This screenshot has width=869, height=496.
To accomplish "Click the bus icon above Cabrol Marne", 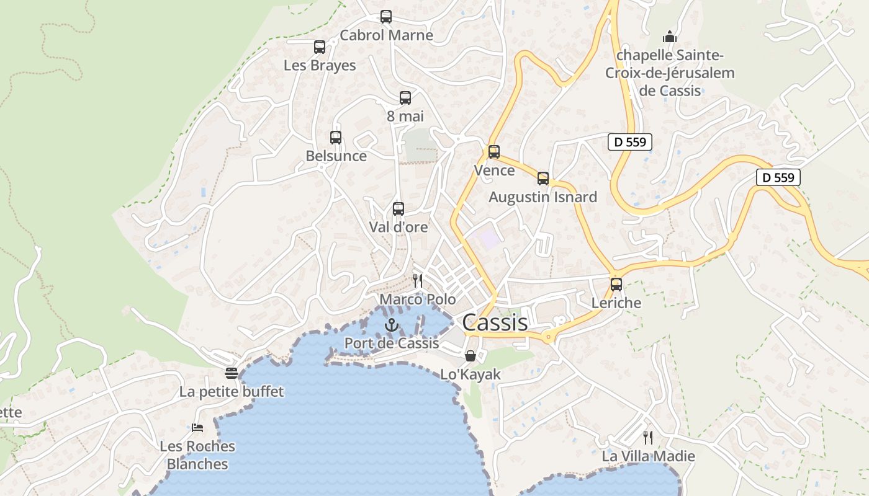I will tap(386, 17).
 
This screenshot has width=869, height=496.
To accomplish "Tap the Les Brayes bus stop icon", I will tap(320, 47).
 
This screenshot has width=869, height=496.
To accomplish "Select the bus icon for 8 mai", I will tap(405, 97).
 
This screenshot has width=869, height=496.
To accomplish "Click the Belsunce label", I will tap(336, 156).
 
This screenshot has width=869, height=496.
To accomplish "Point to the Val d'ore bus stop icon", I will tap(398, 209).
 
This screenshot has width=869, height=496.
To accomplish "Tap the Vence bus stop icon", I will tap(494, 152).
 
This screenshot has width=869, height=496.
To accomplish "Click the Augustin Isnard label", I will tap(543, 197).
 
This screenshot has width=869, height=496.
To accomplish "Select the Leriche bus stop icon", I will tap(616, 285).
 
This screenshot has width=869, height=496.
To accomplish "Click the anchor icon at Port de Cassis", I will tap(391, 324).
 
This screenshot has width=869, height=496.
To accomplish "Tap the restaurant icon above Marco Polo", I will tap(418, 281).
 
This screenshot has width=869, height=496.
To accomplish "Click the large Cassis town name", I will tap(495, 322).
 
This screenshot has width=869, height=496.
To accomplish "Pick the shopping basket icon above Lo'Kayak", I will tap(471, 356).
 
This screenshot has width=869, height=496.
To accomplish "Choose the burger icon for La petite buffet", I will tap(232, 373).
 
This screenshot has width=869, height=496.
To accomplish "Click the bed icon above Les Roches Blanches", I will tap(197, 427).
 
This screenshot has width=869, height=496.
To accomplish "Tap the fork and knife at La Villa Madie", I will tap(648, 438).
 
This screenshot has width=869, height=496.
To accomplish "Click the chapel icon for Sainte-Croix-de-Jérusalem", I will tap(669, 37).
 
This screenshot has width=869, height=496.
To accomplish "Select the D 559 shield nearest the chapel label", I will tap(630, 142).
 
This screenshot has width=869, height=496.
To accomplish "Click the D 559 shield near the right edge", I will tap(778, 177).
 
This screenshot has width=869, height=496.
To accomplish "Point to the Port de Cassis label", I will tap(392, 343).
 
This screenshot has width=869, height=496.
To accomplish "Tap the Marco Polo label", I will tap(417, 299).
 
